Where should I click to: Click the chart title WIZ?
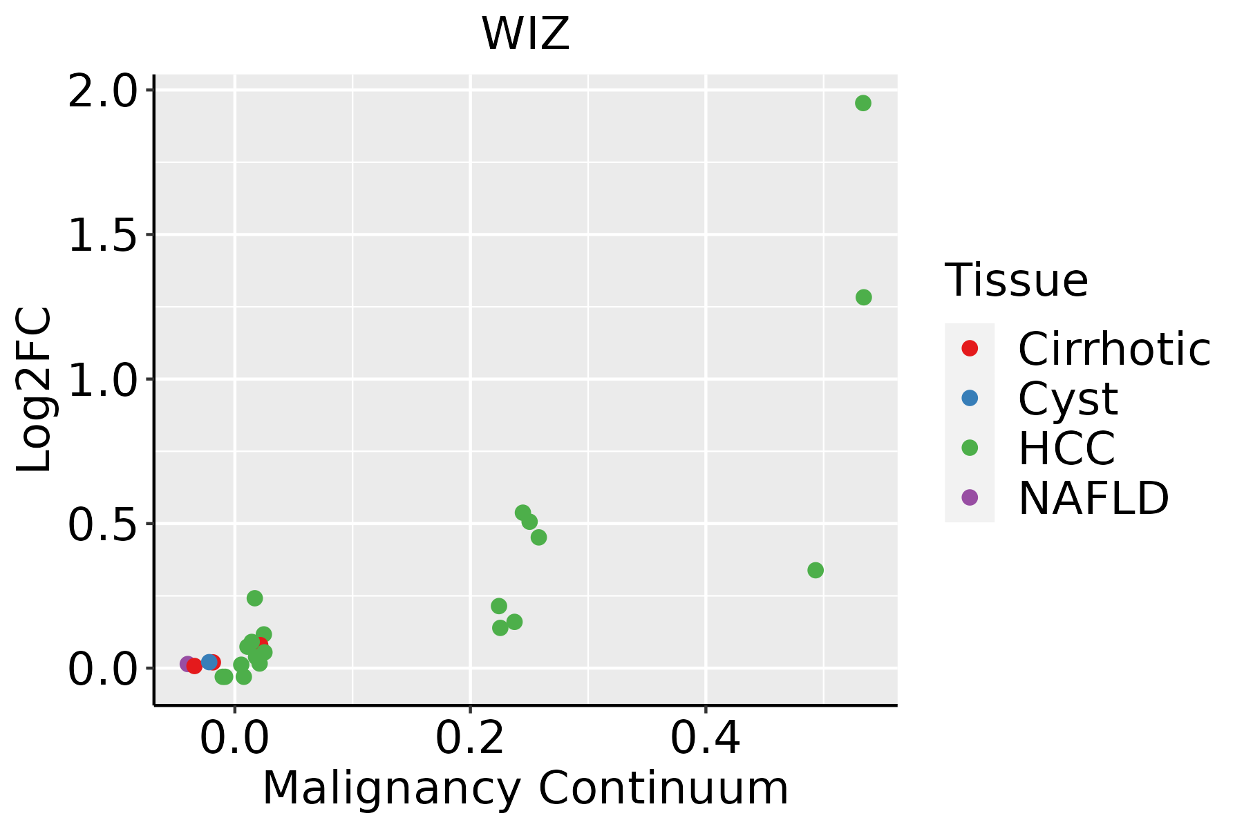tap(525, 34)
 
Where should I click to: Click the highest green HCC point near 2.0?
tap(863, 104)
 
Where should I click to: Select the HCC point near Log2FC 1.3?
tap(863, 297)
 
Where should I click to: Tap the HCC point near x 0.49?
tap(816, 570)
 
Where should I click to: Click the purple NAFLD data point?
tap(187, 664)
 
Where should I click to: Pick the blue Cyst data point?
tap(209, 663)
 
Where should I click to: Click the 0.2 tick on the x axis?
tap(470, 738)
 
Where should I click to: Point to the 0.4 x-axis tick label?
tap(706, 738)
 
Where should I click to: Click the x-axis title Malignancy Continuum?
tap(525, 788)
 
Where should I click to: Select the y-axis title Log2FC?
tap(35, 390)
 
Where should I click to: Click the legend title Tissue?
tap(1016, 280)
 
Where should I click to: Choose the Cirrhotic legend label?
tap(1114, 349)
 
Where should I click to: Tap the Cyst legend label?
tap(1068, 399)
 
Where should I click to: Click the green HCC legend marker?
tap(970, 448)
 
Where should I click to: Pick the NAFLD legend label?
tap(1093, 497)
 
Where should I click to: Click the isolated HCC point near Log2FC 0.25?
tap(254, 598)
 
